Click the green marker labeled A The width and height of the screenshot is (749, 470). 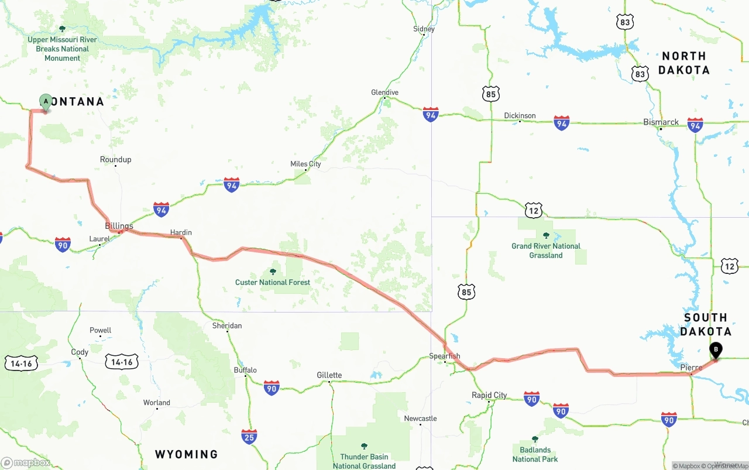(46, 102)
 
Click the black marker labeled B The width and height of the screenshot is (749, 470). (715, 350)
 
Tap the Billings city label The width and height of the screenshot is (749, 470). (119, 226)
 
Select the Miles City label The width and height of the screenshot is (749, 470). (305, 164)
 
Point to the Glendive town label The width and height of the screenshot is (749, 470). (384, 92)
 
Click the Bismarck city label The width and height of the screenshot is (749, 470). (661, 122)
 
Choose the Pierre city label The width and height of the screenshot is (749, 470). (690, 368)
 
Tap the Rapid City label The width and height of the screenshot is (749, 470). (489, 395)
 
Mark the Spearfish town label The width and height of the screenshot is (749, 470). (444, 356)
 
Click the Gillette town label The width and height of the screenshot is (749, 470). (329, 375)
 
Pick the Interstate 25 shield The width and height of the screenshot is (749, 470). (249, 436)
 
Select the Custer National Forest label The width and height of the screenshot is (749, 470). (273, 282)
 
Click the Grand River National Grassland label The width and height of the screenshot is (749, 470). (546, 251)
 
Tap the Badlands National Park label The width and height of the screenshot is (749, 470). (535, 454)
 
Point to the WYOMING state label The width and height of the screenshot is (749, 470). (186, 454)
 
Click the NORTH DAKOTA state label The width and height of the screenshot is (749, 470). (683, 63)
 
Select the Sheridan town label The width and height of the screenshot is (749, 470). (227, 325)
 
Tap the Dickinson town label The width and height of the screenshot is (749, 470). (520, 115)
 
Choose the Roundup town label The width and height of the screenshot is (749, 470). (115, 159)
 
